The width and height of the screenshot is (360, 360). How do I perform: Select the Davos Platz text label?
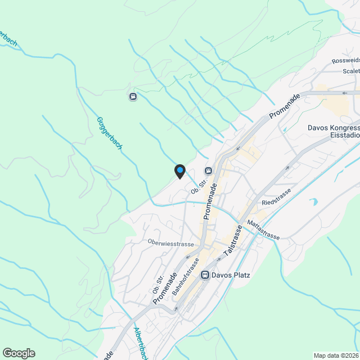point(231,275)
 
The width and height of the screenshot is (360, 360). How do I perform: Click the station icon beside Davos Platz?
point(205,275)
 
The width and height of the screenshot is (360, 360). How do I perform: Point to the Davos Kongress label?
point(333,127)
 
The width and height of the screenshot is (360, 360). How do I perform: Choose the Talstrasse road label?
point(233,242)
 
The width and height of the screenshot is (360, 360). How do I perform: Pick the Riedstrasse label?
point(276,197)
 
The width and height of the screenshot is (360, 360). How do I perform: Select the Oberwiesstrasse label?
point(170,244)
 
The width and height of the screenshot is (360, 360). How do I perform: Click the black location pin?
point(179,171)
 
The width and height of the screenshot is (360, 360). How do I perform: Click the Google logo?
point(19,353)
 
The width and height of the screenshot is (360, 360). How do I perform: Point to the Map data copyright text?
point(336,355)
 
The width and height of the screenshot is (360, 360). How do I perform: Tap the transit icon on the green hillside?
point(133,96)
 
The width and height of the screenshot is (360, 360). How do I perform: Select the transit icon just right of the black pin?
point(208,170)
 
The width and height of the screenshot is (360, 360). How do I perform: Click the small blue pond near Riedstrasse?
point(312,201)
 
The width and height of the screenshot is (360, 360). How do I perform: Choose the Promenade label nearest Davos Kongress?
point(285,106)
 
